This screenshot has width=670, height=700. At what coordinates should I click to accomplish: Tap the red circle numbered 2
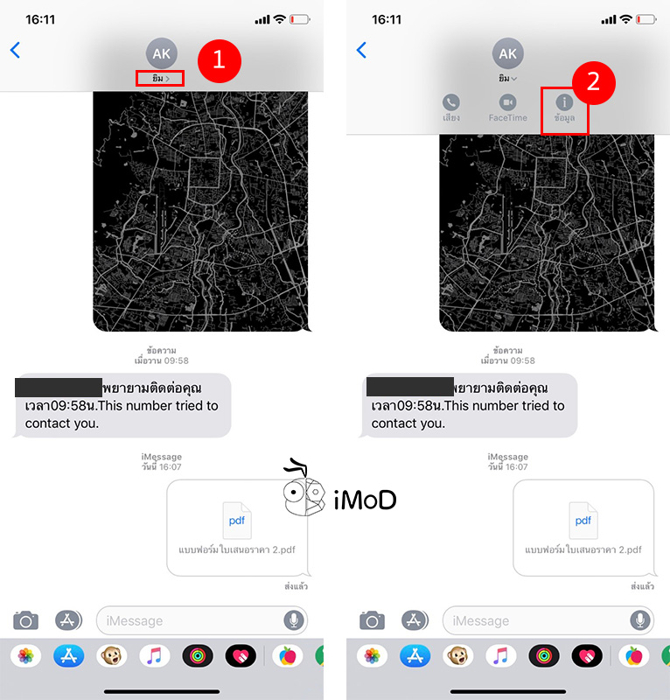594,82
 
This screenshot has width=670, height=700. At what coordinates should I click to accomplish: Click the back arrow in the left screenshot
15,50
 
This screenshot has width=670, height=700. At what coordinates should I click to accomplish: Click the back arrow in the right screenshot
361,50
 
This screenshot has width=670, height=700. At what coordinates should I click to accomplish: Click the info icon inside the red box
564,102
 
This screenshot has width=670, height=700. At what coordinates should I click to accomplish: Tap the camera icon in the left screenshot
26,620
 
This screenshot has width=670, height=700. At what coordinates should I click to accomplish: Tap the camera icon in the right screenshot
373,620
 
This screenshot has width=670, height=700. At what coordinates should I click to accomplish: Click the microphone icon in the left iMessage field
294,620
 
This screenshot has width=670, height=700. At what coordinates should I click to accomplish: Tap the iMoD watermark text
365,500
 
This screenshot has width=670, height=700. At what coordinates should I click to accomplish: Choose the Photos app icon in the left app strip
26,656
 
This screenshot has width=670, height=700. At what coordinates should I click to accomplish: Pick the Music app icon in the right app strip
501,656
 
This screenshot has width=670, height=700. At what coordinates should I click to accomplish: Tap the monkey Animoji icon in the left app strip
111,656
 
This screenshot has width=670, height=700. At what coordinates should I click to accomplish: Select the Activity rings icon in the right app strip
544,656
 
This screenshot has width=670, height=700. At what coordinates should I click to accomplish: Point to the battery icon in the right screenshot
646,18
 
